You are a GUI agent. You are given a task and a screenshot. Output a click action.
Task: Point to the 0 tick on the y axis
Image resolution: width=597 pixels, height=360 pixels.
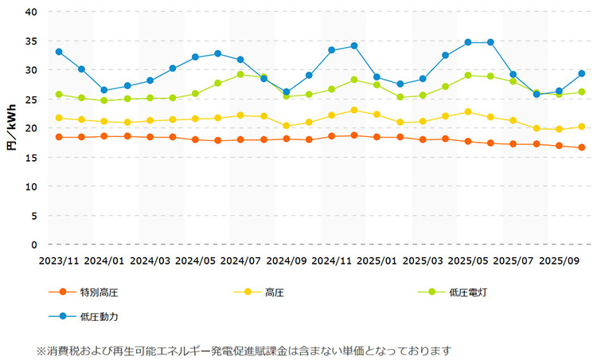click(33, 245)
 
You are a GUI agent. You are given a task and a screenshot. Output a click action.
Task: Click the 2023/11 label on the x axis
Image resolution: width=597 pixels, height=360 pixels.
click(59, 260)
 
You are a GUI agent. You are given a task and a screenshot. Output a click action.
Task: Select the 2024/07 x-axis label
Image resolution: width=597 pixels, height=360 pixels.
click(240, 260)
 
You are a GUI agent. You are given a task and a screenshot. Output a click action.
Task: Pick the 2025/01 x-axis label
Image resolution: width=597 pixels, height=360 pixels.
click(377, 260)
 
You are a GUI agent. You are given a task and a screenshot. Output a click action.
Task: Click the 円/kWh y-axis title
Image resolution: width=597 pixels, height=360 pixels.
click(11, 128)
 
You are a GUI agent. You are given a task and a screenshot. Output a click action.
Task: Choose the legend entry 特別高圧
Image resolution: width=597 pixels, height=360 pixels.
click(99, 292)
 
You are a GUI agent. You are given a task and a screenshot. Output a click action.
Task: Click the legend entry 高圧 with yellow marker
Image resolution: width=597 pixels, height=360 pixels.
click(275, 292)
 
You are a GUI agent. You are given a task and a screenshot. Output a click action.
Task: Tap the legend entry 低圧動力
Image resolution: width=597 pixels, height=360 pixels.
click(99, 316)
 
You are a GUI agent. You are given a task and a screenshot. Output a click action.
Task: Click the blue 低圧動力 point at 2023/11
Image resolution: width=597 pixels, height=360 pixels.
click(59, 52)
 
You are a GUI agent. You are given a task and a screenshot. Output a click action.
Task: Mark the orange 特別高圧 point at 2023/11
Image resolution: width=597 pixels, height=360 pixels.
click(59, 137)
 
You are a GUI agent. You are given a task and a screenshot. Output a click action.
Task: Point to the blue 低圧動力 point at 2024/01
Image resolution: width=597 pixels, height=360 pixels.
click(104, 90)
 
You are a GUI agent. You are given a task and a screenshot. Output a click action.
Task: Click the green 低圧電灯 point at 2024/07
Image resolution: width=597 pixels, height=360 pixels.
click(240, 74)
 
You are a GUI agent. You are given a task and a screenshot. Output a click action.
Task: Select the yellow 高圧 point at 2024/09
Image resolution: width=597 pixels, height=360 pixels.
click(287, 126)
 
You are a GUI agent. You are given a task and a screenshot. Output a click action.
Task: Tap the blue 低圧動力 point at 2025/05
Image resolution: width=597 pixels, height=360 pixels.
click(468, 42)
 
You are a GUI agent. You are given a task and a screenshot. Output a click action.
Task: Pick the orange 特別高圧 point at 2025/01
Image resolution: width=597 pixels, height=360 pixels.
click(377, 137)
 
